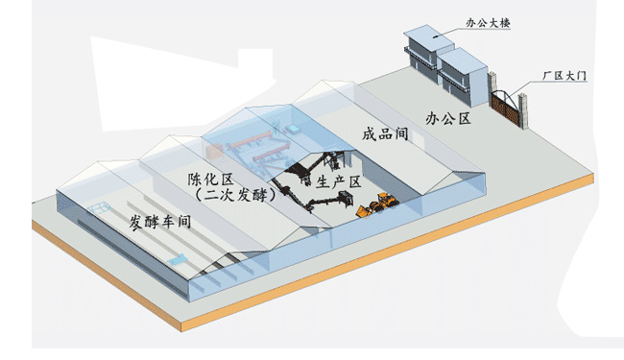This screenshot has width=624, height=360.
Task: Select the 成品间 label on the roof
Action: pos(385,134)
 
